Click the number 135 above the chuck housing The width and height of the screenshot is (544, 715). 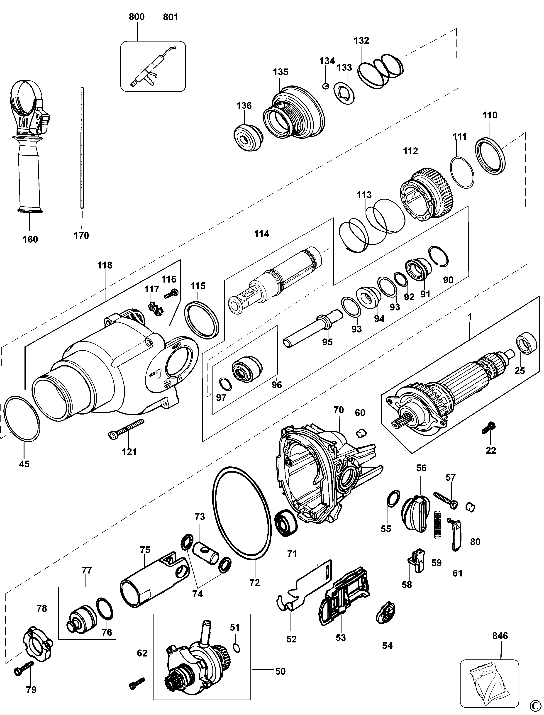point(281,72)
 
